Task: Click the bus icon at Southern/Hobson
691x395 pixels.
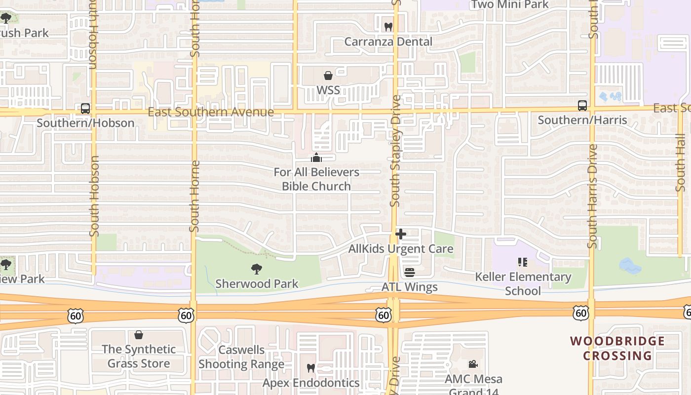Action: pos(85,109)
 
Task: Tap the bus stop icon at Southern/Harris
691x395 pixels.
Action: pos(582,106)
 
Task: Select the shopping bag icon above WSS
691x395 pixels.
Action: pos(328,76)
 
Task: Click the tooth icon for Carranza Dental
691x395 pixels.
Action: pos(388,27)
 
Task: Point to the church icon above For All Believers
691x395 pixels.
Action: pos(316,158)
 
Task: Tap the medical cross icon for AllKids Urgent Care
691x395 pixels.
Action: pos(401,234)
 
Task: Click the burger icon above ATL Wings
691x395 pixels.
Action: pos(409,272)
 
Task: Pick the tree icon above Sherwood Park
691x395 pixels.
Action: pos(256,269)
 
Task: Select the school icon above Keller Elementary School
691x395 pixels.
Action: pos(522,262)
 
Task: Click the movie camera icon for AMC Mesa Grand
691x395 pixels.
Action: pos(473,364)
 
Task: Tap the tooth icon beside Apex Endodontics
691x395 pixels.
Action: pos(310,368)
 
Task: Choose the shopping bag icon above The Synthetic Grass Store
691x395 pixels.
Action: pos(139,335)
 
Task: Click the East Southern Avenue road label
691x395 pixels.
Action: pos(211,112)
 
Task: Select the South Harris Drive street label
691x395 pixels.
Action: pos(592,196)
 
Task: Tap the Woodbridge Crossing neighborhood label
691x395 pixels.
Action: pos(617,348)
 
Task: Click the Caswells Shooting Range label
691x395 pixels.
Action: pos(241,357)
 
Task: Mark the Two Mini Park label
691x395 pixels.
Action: pos(510,5)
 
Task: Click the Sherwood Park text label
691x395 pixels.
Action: pos(257,284)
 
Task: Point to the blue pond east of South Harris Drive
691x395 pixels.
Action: pos(630,266)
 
